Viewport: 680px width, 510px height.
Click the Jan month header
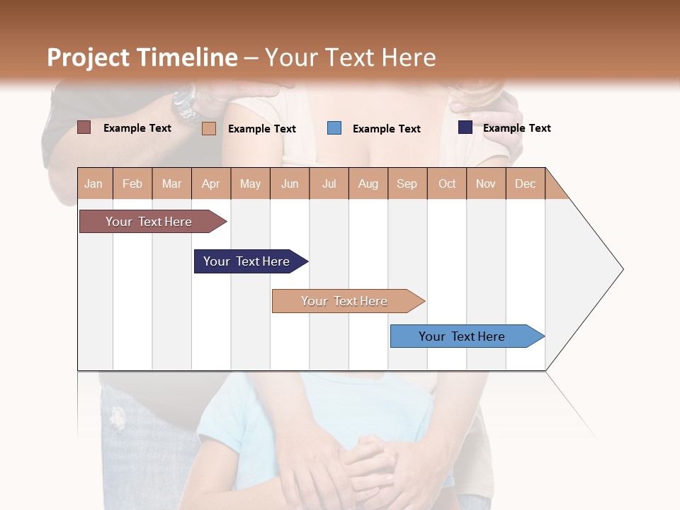pos(93,183)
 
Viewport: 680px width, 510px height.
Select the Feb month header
pos(132,183)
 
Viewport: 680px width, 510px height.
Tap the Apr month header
pos(210,183)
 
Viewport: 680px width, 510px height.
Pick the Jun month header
pos(290,183)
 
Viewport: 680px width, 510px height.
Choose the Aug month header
pos(368,183)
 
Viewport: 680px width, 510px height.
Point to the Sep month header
pos(407,183)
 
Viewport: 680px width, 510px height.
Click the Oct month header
pos(447,183)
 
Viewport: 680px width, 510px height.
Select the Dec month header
pos(525,183)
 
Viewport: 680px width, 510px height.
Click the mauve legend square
pos(84,127)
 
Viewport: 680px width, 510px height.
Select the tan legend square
pos(208,128)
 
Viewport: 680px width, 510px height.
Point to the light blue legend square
pos(334,128)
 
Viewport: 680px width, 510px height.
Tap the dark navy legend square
pos(465,127)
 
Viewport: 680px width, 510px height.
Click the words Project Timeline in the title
pos(142,57)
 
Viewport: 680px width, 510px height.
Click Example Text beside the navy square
pos(516,127)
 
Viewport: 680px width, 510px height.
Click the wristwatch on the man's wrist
pos(186,103)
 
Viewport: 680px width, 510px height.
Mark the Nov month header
pos(485,183)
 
